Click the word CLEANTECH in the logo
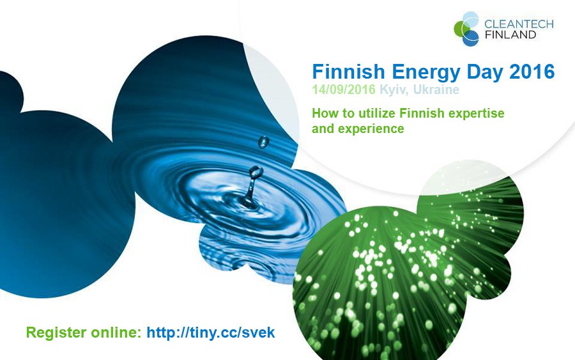pyautogui.click(x=519, y=24)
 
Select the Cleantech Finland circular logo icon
pyautogui.click(x=466, y=29)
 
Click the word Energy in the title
pyautogui.click(x=425, y=72)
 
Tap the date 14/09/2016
pyautogui.click(x=344, y=90)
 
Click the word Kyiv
pyautogui.click(x=392, y=90)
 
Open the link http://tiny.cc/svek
pyautogui.click(x=211, y=333)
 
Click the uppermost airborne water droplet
pyautogui.click(x=263, y=142)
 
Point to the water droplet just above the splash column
pyautogui.click(x=256, y=172)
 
